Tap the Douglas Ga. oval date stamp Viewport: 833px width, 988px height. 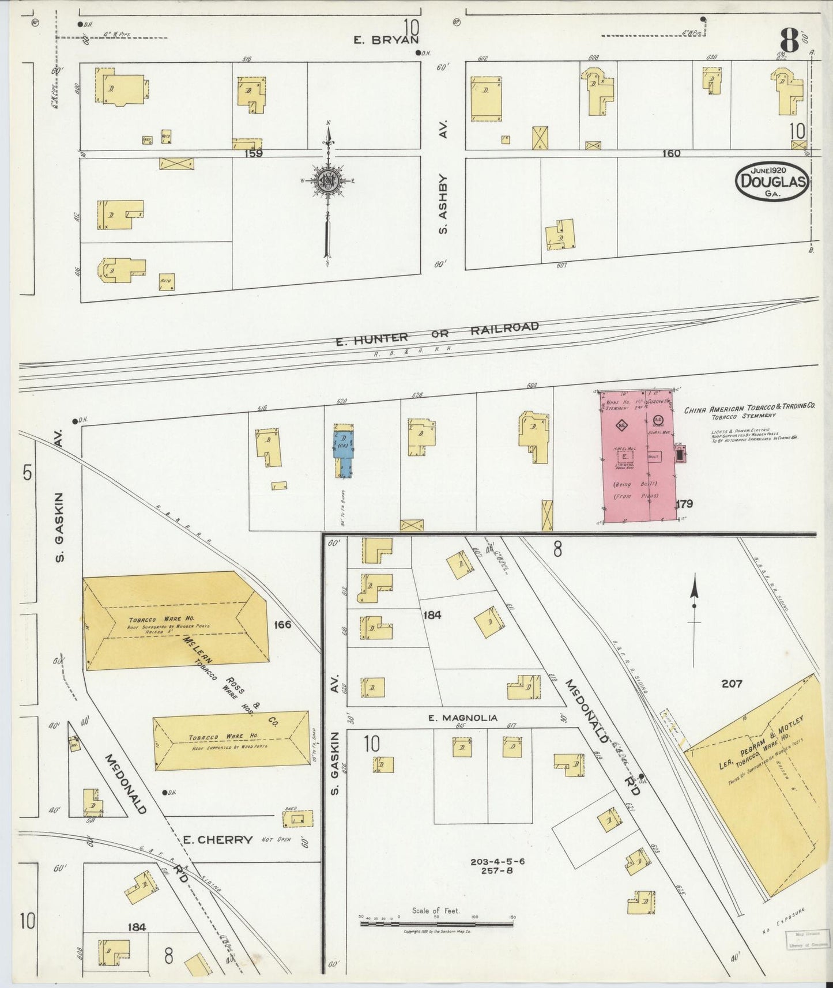click(x=770, y=180)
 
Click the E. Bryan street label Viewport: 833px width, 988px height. click(x=385, y=40)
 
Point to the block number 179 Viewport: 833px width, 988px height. click(x=685, y=504)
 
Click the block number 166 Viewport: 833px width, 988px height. click(x=283, y=624)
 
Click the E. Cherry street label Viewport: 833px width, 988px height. click(x=217, y=840)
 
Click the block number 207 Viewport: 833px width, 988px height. click(x=732, y=684)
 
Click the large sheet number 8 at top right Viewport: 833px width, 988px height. click(x=789, y=42)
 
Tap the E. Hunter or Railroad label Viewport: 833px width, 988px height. click(x=438, y=334)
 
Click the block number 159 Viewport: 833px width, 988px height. click(x=254, y=153)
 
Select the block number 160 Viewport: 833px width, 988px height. click(x=672, y=153)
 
